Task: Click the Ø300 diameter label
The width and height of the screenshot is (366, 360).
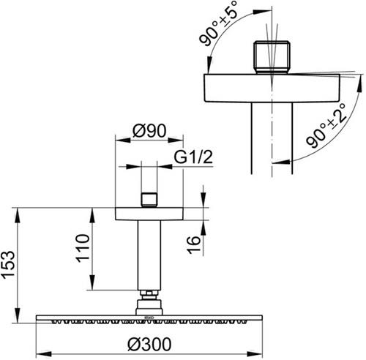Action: (x=149, y=344)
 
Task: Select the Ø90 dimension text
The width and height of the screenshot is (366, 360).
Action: (x=149, y=130)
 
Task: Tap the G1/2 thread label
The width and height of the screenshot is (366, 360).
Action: (x=193, y=157)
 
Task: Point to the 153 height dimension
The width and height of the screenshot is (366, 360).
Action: (x=8, y=265)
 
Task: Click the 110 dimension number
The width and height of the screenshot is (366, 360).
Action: (x=83, y=248)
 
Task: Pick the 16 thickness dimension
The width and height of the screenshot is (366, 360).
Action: (x=193, y=245)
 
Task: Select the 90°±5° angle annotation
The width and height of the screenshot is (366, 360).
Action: (x=218, y=23)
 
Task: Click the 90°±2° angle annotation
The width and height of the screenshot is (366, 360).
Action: (x=326, y=126)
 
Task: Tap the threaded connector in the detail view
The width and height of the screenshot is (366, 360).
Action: (x=272, y=57)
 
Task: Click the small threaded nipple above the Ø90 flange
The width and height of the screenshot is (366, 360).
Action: (x=149, y=200)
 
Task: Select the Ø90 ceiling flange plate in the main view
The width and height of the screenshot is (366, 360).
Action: (x=149, y=214)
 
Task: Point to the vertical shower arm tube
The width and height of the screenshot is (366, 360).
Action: (x=149, y=255)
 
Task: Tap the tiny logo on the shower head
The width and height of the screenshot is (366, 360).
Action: (x=149, y=318)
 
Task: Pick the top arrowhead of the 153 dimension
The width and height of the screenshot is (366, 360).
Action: (x=18, y=215)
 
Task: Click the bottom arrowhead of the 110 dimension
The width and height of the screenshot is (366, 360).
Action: (x=92, y=282)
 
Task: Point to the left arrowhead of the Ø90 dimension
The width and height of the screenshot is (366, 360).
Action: (x=123, y=140)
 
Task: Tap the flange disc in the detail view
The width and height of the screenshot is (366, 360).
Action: (x=272, y=88)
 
